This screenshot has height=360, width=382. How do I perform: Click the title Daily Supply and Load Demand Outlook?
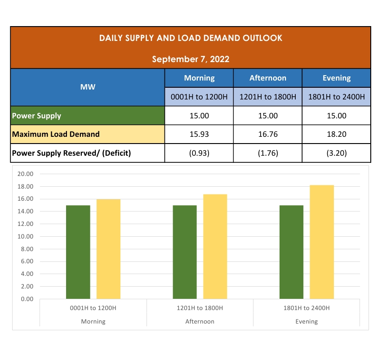click(191, 38)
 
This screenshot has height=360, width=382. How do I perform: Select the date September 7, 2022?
click(191, 59)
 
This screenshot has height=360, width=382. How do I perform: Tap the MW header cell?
click(88, 87)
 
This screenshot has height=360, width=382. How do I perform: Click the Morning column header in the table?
click(199, 78)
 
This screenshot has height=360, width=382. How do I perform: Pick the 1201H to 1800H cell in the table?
click(268, 97)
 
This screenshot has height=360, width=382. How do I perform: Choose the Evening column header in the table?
click(337, 78)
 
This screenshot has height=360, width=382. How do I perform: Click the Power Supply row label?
click(37, 116)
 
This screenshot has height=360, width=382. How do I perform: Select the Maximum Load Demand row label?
click(56, 134)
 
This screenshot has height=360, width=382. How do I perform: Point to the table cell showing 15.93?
click(199, 134)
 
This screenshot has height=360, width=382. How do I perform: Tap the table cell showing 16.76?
click(268, 134)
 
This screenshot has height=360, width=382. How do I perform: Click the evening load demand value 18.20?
click(337, 134)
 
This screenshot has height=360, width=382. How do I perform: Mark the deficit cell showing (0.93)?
click(199, 153)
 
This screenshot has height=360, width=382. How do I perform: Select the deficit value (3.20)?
click(337, 153)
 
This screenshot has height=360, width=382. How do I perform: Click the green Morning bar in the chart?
click(78, 252)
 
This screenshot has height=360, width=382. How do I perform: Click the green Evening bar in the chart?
click(291, 252)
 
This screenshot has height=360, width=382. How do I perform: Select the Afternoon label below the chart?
click(200, 322)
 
